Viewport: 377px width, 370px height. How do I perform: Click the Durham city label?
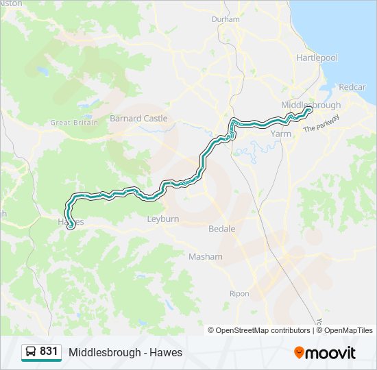[x=226, y=19]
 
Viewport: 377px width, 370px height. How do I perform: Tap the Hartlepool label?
[x=317, y=58]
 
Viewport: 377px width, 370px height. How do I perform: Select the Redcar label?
[x=352, y=87]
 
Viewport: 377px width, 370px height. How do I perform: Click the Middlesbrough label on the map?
[x=311, y=105]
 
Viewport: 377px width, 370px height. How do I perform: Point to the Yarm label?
[x=281, y=134]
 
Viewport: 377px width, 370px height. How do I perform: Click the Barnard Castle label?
[x=138, y=119]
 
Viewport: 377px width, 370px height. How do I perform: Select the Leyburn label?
[x=163, y=219]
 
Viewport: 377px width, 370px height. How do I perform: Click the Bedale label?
[x=221, y=228]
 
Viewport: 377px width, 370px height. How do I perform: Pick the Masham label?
[x=206, y=256]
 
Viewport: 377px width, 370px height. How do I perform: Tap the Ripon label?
[x=239, y=293]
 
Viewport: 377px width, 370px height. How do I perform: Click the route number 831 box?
[x=40, y=351]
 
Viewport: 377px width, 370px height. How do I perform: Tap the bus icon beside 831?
[x=31, y=351]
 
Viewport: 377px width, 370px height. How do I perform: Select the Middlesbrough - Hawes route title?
[x=125, y=352]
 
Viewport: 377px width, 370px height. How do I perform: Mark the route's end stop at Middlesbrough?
[x=309, y=110]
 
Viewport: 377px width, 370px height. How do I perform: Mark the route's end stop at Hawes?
[x=71, y=227]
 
